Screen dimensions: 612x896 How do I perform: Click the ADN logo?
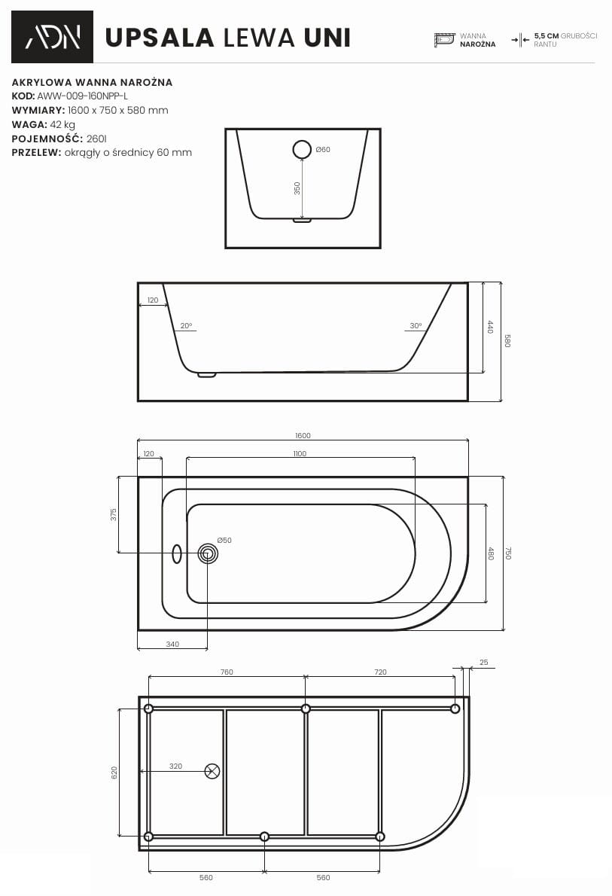coord(52,37)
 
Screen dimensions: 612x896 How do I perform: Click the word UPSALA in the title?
coord(160,38)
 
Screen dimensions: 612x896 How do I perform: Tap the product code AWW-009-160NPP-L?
coord(82,96)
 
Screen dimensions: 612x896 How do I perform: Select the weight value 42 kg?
coord(62,124)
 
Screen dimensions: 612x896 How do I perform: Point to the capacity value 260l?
coord(96,139)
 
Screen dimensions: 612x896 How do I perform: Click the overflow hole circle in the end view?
coord(303,149)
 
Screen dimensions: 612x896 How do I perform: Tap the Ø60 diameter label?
coord(323,150)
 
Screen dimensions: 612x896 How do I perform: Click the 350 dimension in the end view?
coord(297,188)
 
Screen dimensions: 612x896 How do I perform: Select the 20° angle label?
coord(186,326)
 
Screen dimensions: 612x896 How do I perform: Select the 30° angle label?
coord(416,326)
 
